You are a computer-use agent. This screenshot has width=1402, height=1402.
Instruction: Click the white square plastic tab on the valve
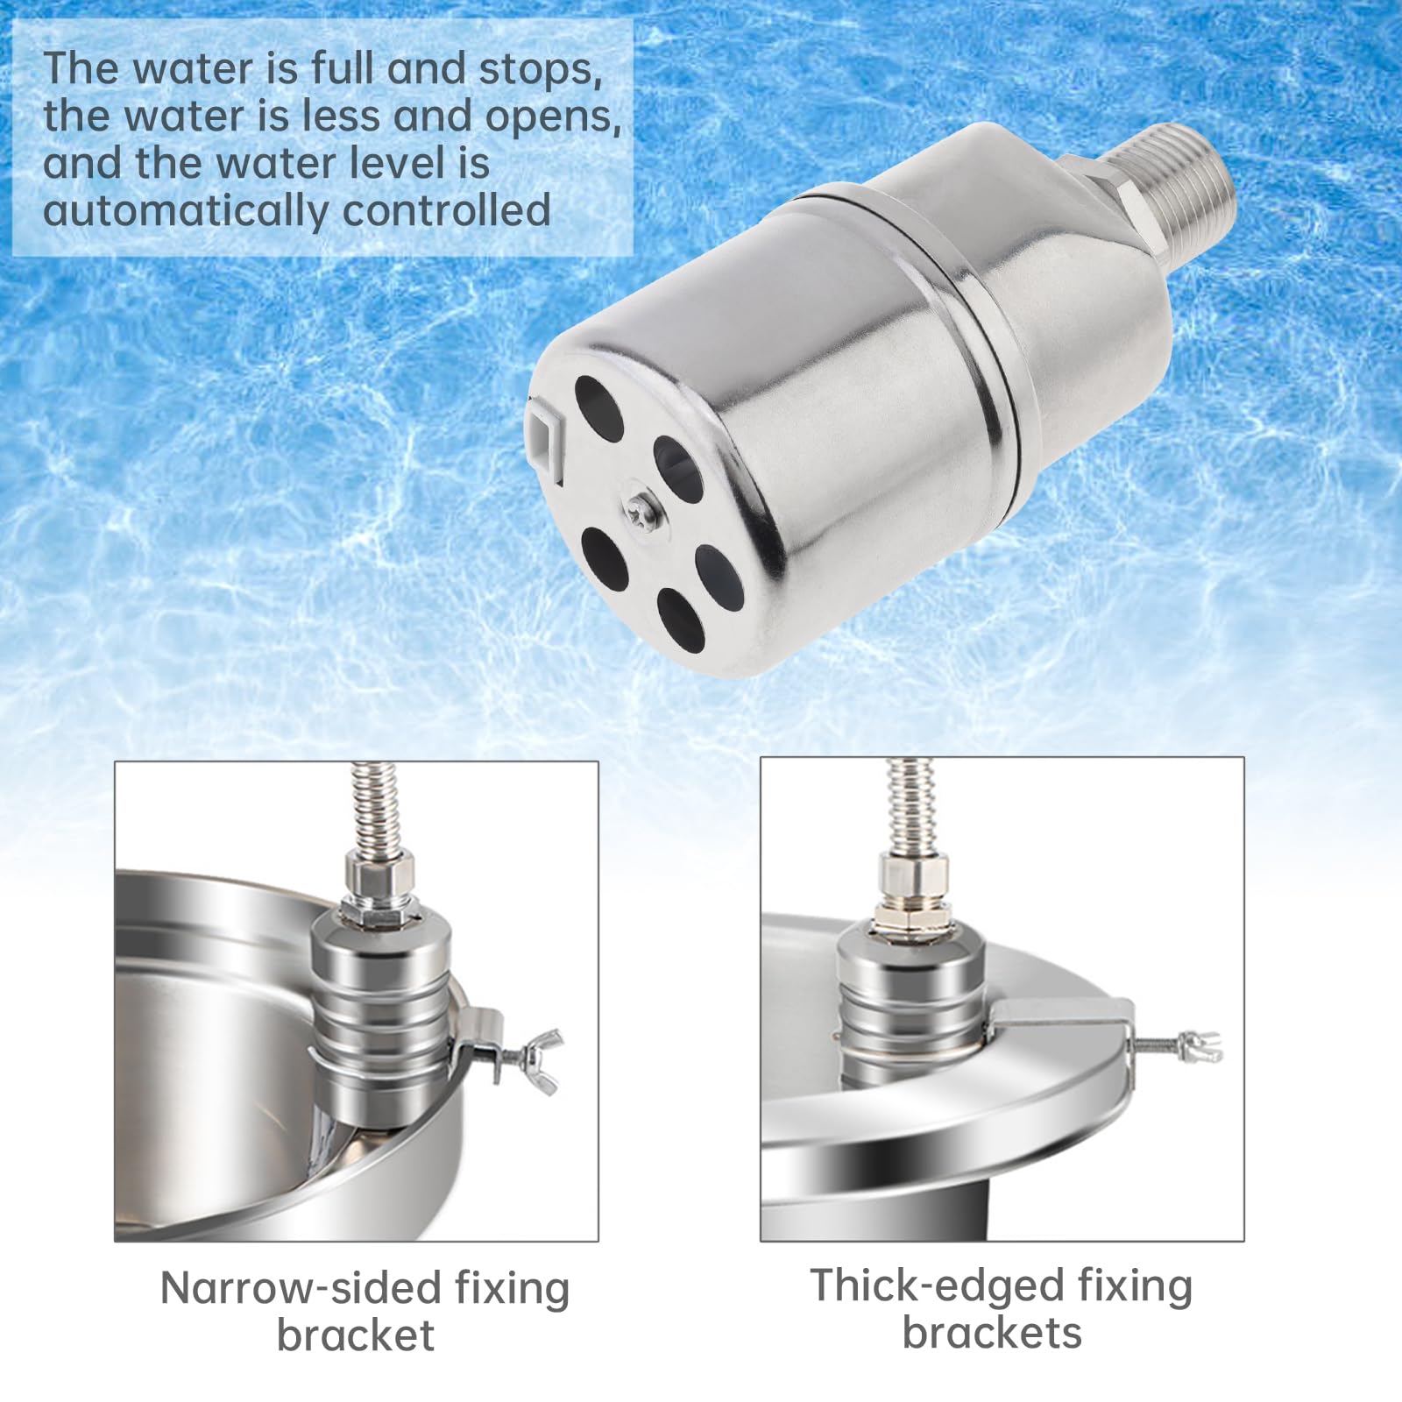(543, 430)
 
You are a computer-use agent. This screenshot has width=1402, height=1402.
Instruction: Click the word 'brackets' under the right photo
(992, 1333)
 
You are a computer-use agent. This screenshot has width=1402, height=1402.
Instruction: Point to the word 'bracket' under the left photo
(356, 1335)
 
